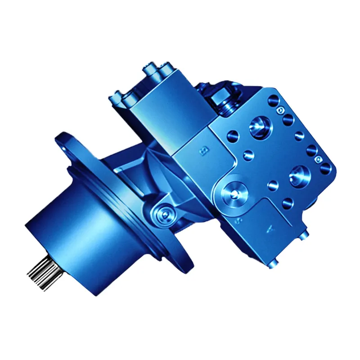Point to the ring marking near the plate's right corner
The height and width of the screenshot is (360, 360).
point(319,158)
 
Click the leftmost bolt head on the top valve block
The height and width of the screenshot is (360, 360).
point(118,95)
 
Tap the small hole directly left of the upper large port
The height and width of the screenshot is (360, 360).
point(233,133)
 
